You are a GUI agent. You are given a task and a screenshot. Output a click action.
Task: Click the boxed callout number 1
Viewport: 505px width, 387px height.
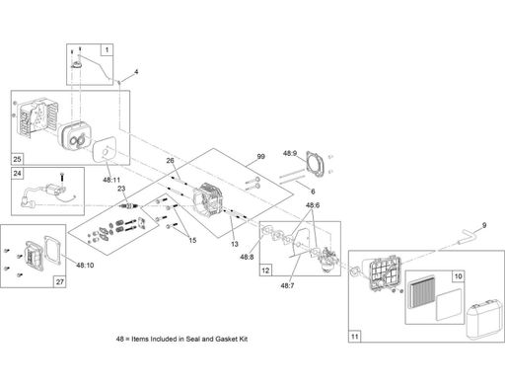[107, 50]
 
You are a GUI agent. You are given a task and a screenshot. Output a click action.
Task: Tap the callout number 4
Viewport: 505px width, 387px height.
[136, 71]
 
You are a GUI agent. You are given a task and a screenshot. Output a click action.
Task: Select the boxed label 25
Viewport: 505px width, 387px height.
[17, 159]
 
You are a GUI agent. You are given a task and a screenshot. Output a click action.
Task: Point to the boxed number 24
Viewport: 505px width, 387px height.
[17, 173]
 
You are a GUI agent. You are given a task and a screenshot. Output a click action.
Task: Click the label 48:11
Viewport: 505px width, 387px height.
[111, 180]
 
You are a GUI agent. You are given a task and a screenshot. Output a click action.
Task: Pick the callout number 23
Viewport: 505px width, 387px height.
[121, 189]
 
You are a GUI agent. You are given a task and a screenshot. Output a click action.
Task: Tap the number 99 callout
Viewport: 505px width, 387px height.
[260, 156]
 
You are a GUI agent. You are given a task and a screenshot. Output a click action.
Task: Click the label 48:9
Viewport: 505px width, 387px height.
[290, 153]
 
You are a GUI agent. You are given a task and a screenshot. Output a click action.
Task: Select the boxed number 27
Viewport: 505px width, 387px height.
[60, 281]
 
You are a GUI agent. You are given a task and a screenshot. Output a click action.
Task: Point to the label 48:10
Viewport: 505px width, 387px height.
[85, 265]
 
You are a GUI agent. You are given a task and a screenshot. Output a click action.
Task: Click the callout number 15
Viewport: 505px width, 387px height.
[192, 240]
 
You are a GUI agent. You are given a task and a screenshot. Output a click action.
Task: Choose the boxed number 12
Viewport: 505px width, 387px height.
[265, 271]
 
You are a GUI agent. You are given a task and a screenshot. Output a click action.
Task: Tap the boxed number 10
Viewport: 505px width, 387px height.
[458, 276]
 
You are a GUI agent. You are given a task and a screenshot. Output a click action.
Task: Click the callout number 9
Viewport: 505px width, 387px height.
[484, 225]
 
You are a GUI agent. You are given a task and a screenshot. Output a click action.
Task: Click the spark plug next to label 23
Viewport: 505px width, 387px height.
[129, 206]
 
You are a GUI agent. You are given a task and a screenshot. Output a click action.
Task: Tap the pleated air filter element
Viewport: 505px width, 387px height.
[422, 291]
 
